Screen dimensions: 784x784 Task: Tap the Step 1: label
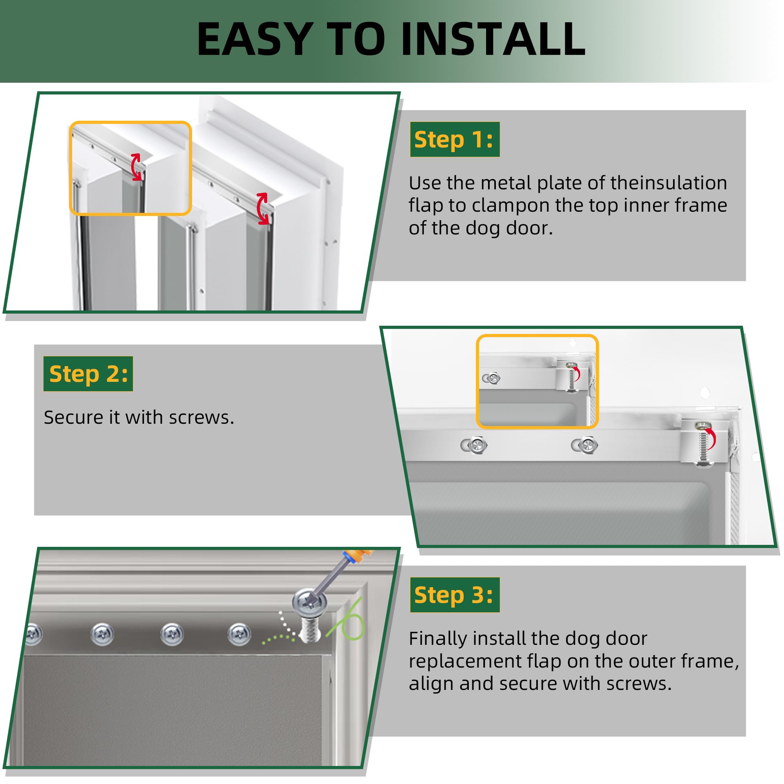pos(454,140)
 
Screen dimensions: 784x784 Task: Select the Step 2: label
pos(88,374)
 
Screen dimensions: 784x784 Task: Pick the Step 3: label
pos(454,595)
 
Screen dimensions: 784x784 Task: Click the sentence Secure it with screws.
pos(139,417)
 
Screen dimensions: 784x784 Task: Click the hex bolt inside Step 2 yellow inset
pos(493,379)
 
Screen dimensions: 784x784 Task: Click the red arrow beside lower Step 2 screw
pos(711,439)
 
